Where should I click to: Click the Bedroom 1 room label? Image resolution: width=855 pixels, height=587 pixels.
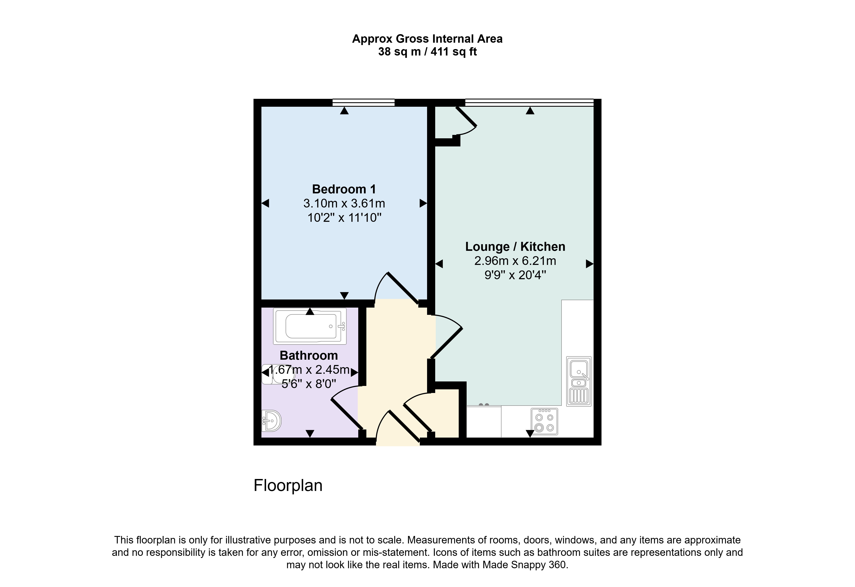pyautogui.click(x=344, y=189)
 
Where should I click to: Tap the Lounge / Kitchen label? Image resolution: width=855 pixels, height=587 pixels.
pyautogui.click(x=515, y=246)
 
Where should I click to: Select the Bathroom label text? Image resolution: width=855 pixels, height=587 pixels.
pyautogui.click(x=309, y=355)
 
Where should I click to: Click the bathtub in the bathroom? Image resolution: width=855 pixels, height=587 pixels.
pyautogui.click(x=310, y=326)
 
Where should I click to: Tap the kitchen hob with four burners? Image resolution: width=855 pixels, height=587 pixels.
pyautogui.click(x=544, y=422)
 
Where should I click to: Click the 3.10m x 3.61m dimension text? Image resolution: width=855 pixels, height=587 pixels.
pyautogui.click(x=344, y=203)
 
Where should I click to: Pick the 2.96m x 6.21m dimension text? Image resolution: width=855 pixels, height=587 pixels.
pyautogui.click(x=515, y=261)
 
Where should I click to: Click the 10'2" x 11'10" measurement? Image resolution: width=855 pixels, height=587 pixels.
pyautogui.click(x=344, y=218)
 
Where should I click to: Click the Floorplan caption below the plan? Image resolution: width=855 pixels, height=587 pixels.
pyautogui.click(x=288, y=485)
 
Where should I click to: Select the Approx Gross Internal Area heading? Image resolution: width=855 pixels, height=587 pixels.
pyautogui.click(x=427, y=39)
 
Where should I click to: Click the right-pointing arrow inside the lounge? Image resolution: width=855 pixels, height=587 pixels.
pyautogui.click(x=590, y=264)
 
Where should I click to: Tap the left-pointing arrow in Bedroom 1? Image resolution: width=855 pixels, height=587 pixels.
pyautogui.click(x=265, y=203)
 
